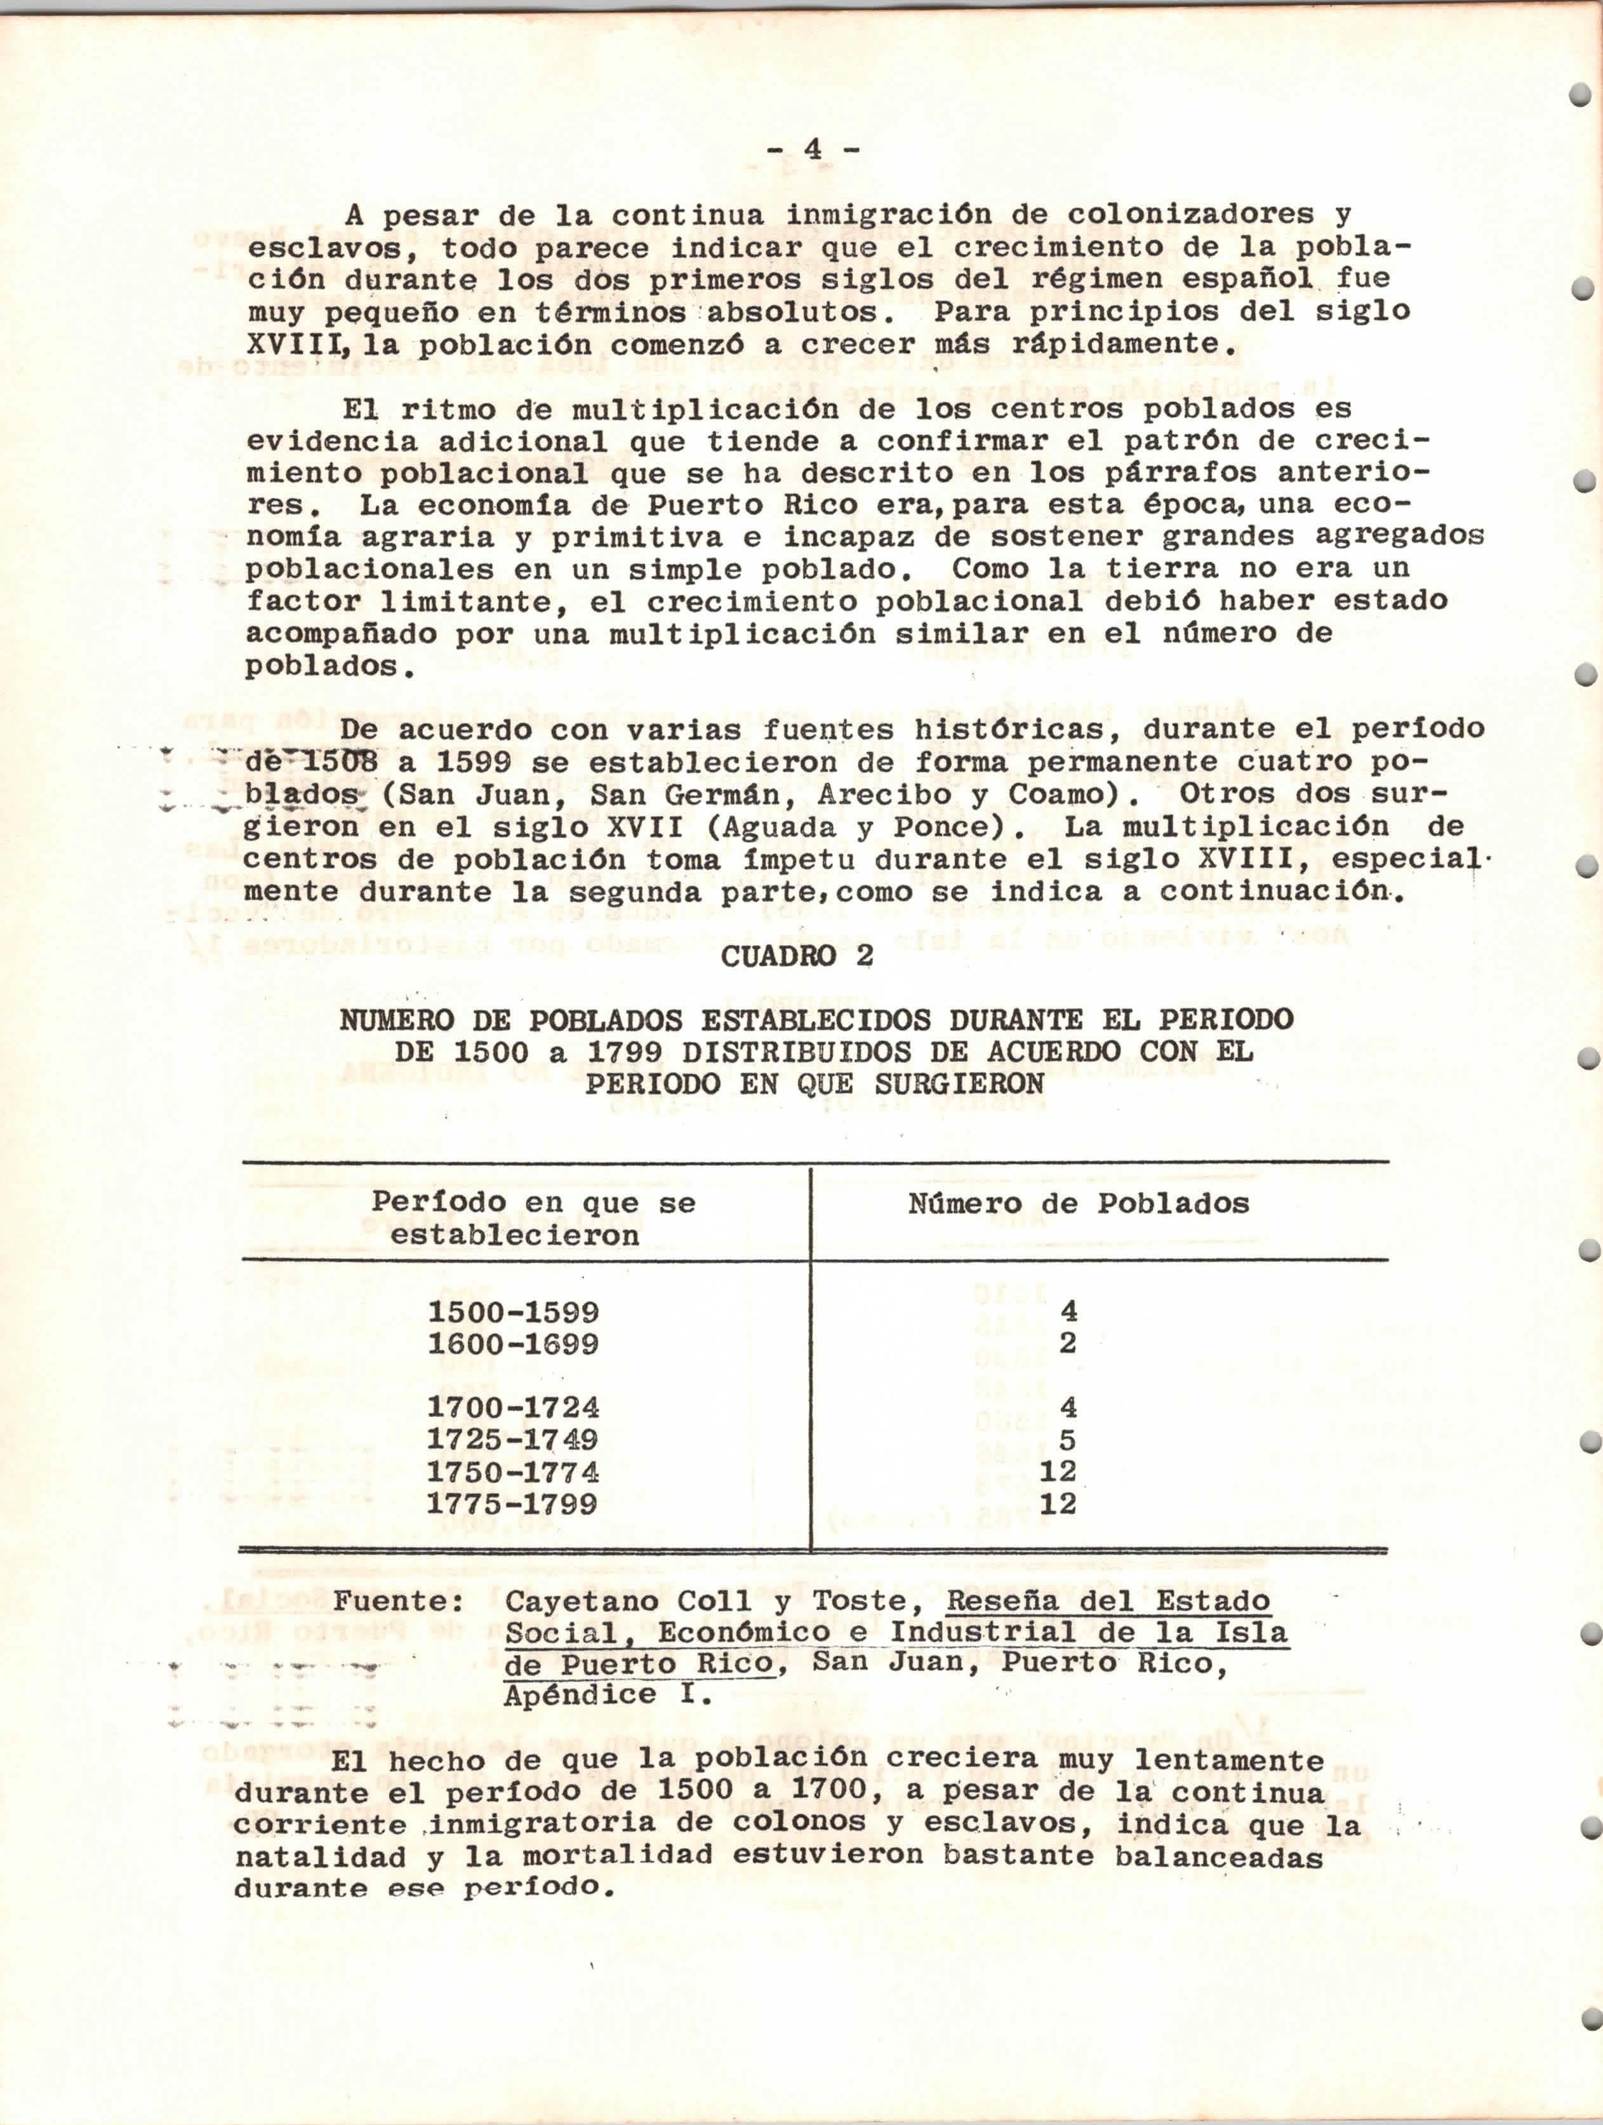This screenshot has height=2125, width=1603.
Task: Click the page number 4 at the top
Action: pyautogui.click(x=813, y=150)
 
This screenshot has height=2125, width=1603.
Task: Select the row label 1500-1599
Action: pyautogui.click(x=513, y=1312)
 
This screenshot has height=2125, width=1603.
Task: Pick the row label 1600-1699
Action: pyautogui.click(x=513, y=1344)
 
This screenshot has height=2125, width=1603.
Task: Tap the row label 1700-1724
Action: pyautogui.click(x=513, y=1409)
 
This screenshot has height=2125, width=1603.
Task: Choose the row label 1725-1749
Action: pyautogui.click(x=513, y=1440)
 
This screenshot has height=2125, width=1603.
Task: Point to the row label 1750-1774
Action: pyautogui.click(x=513, y=1471)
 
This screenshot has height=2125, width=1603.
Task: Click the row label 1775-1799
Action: pyautogui.click(x=513, y=1503)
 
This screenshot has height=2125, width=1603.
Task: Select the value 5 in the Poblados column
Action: pyautogui.click(x=1067, y=1440)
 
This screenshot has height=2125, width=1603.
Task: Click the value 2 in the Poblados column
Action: pyautogui.click(x=1067, y=1344)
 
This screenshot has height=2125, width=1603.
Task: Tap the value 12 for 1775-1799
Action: pyautogui.click(x=1058, y=1503)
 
